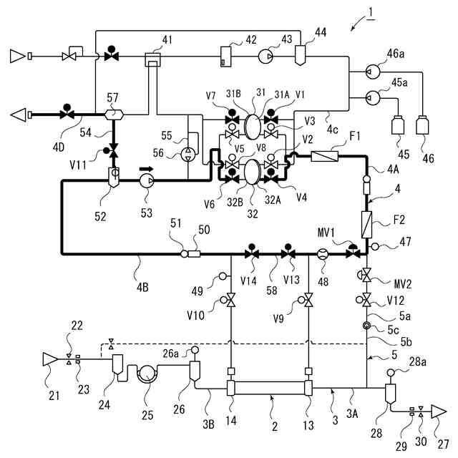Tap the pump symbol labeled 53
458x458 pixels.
point(148,181)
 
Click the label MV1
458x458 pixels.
point(327,233)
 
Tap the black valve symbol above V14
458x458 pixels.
point(251,253)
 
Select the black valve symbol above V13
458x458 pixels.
point(288,253)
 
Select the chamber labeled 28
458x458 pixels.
point(391,392)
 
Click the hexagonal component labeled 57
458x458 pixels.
point(113,113)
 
